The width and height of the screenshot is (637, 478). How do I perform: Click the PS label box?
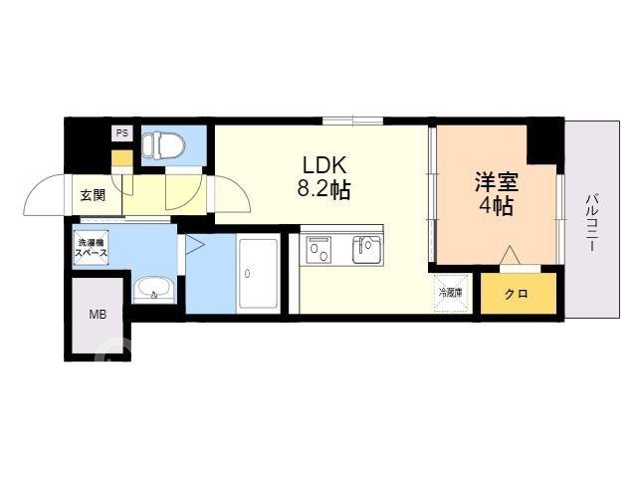122,132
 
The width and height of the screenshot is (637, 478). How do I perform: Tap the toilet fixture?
163,145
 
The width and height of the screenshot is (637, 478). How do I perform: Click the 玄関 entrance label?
93,195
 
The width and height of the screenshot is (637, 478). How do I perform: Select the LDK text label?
323,165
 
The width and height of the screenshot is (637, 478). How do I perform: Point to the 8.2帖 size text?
323,188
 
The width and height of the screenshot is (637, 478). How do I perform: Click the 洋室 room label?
497,182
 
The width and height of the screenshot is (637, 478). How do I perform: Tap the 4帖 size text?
497,206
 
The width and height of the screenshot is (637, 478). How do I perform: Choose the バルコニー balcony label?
591,223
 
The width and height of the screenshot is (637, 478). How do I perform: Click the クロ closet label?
517,294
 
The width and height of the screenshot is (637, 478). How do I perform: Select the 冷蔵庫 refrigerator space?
451,293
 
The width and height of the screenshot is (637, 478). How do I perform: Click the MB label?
98,314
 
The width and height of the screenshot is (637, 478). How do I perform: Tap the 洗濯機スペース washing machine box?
92,248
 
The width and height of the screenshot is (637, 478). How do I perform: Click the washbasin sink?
154,291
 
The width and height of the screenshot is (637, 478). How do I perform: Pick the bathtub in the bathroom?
258,273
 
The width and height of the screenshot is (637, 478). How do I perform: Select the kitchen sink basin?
367,250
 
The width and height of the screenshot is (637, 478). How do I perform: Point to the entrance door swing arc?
43,189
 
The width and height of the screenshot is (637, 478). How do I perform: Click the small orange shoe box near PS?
122,158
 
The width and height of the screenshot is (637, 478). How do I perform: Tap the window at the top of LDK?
353,120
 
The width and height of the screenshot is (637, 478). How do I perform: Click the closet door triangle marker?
510,255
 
